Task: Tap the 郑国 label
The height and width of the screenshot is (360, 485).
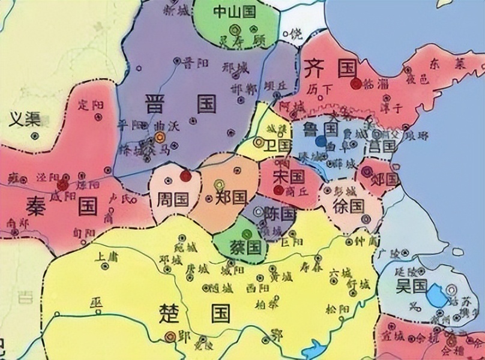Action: (232, 197)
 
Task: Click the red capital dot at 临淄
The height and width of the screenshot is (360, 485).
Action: (357, 83)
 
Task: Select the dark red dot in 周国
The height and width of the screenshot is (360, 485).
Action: (185, 176)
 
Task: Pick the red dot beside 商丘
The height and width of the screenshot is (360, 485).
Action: (278, 190)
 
